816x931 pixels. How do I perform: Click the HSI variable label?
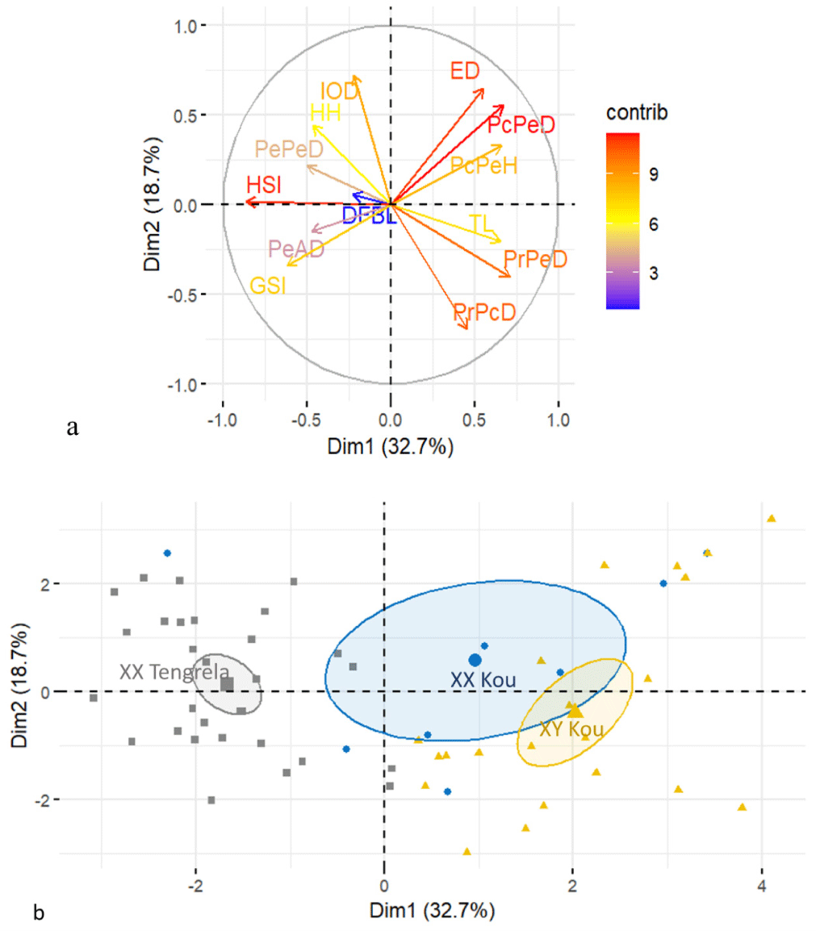click(265, 185)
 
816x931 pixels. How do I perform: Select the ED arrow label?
click(465, 71)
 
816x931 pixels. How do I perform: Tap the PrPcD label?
click(484, 312)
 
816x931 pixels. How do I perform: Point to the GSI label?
click(267, 286)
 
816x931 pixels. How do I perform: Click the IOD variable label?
click(339, 91)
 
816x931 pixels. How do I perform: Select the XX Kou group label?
click(483, 680)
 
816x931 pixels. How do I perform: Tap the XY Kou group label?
click(571, 729)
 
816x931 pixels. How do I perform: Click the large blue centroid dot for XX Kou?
click(475, 660)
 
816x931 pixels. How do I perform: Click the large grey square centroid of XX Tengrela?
click(228, 684)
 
